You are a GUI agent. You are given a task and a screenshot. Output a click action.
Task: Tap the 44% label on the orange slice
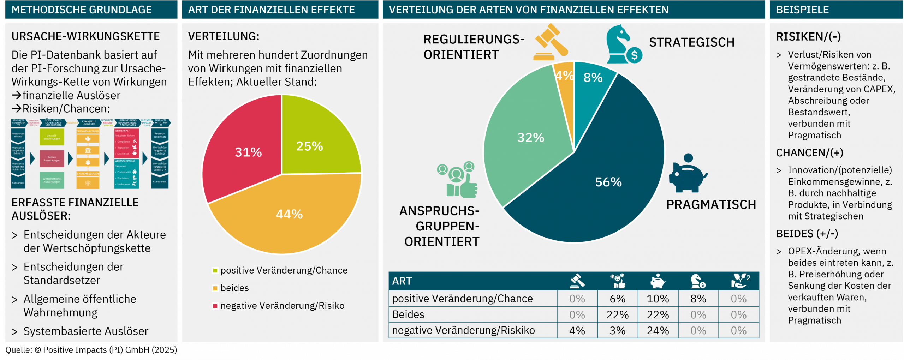[289, 214]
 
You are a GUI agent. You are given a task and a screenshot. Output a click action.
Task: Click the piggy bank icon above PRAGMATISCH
[687, 173]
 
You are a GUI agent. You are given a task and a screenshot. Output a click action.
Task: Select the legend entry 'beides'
[234, 288]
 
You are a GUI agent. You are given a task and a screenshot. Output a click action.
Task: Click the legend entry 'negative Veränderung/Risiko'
[282, 306]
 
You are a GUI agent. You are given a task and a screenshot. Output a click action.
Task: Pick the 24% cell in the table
[658, 331]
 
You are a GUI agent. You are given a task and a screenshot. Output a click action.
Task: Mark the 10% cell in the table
[658, 299]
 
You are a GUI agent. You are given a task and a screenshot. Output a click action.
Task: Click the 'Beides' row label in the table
[408, 314]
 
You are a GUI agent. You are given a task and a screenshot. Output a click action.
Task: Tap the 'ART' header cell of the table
[402, 281]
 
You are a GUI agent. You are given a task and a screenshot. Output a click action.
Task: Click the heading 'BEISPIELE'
[802, 10]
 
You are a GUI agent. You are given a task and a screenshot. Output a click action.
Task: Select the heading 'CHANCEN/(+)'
[809, 153]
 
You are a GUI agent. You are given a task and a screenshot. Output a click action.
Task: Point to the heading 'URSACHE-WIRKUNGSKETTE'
[85, 36]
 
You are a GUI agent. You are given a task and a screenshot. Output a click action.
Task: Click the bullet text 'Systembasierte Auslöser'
[86, 331]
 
